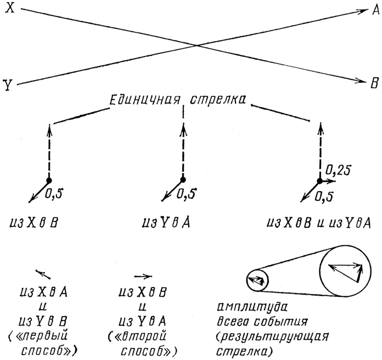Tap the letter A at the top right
point(375,10)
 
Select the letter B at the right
point(375,83)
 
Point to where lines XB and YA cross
point(196,46)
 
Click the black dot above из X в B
point(49,181)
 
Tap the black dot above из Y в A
point(183,179)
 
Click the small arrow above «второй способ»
point(143,276)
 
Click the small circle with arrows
point(255,282)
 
